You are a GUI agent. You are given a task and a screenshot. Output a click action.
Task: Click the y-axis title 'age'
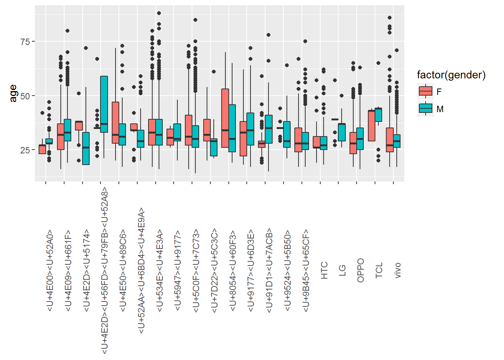point(13,93)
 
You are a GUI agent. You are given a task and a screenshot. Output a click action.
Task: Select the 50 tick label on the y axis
point(25,96)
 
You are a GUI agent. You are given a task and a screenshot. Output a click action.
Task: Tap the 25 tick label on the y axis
point(25,150)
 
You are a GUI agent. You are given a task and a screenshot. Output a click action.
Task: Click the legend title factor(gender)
point(451,75)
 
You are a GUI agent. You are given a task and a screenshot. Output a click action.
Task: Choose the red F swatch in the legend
point(426,91)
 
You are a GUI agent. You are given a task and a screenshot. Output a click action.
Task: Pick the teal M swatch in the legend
point(426,109)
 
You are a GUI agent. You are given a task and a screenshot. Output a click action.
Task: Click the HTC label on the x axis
point(324,270)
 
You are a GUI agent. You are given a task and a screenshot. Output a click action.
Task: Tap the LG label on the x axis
point(342,270)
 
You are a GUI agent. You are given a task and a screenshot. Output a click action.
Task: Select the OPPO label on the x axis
point(361,270)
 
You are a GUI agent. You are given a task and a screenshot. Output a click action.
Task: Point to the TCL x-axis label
point(379,270)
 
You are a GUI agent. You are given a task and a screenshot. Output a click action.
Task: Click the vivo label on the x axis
point(397,270)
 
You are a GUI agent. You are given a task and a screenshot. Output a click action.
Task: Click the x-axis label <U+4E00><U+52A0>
point(50,270)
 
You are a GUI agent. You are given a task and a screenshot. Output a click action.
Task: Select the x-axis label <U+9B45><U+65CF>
point(306,270)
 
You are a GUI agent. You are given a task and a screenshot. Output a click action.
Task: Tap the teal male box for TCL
point(378,115)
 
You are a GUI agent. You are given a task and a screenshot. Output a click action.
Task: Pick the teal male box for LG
point(342,132)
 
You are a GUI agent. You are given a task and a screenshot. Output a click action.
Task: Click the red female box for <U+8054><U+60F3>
point(225,118)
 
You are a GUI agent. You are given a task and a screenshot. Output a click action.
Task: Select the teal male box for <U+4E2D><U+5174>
point(86,148)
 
